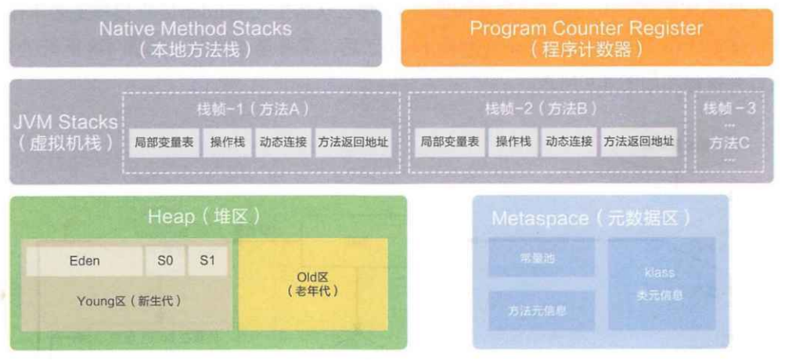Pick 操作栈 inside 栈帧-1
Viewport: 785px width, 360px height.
tap(228, 142)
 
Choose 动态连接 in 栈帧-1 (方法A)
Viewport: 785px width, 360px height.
tap(282, 142)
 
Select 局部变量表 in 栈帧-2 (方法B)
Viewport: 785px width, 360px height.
tap(449, 142)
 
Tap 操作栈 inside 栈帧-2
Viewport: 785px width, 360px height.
tap(513, 142)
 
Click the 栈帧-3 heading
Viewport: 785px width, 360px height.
tap(729, 108)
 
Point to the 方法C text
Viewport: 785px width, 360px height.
tap(729, 143)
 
